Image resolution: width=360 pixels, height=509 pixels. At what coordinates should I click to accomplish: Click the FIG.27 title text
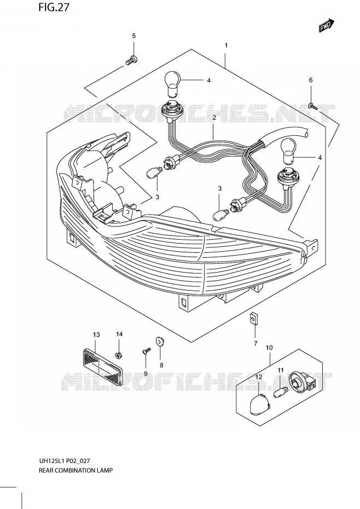54,7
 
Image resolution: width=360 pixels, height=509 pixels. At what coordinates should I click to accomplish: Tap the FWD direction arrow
327,26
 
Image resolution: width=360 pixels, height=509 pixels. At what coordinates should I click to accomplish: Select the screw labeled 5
131,60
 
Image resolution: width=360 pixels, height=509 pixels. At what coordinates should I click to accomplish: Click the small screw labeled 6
312,105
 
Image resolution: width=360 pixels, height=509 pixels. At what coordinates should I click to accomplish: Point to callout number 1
226,45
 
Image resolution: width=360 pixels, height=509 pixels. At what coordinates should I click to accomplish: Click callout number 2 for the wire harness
214,118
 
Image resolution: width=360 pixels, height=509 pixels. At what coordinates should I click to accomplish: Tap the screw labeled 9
147,351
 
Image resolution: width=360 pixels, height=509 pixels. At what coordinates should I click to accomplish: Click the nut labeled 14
119,355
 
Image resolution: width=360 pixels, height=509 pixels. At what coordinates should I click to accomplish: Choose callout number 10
269,348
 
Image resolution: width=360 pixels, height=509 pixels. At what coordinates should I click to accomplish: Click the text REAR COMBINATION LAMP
76,470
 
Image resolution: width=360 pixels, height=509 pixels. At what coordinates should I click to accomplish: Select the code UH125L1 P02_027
64,461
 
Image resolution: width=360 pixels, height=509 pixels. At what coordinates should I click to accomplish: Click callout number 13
96,334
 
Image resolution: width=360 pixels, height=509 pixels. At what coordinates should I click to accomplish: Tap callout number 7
256,343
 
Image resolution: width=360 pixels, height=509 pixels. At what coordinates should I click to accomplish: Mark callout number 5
133,36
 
